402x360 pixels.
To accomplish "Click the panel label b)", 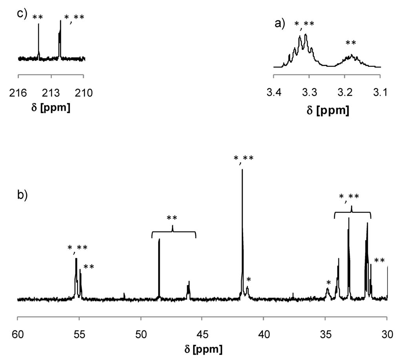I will click(22, 194).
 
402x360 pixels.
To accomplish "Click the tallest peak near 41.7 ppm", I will click(242, 170).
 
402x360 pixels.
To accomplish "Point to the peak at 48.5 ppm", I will click(159, 240).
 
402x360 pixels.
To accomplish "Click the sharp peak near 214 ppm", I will click(38, 25).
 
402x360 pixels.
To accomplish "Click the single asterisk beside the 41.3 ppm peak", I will click(248, 280).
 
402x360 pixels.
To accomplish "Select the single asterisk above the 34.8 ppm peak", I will click(329, 282).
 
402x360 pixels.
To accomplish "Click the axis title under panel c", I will click(51, 108).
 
